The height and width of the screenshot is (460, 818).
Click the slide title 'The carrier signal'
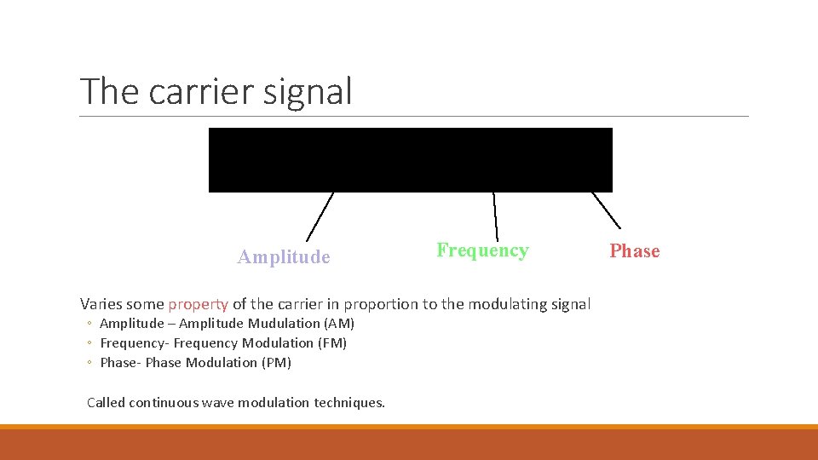(216, 91)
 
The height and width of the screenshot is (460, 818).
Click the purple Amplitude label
(284, 257)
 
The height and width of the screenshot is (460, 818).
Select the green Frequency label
(482, 250)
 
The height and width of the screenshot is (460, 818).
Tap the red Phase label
(634, 251)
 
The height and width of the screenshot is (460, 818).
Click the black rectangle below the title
(410, 159)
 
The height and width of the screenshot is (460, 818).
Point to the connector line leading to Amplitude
(320, 216)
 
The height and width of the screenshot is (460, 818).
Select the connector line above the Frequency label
(495, 216)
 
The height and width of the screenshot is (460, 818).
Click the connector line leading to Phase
(606, 210)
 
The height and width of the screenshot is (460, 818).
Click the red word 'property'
(198, 304)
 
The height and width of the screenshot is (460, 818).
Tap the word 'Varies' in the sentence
(101, 304)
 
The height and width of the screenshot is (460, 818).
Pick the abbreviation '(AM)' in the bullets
(339, 324)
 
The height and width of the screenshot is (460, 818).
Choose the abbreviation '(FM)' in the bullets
(332, 343)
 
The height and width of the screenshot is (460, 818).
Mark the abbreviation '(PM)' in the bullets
(276, 363)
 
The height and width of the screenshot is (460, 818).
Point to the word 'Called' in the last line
(106, 402)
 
